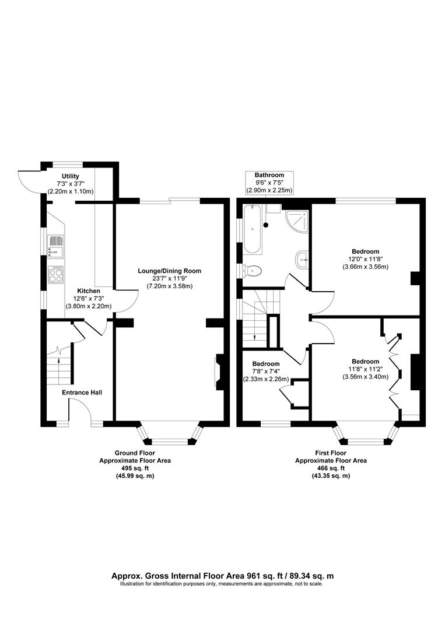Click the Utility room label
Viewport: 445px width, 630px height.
tap(71, 176)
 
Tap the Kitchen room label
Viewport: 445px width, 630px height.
tap(89, 290)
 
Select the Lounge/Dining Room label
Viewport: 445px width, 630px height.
tap(169, 271)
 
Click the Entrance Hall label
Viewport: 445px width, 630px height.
tap(82, 393)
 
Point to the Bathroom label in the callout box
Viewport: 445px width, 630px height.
tap(269, 175)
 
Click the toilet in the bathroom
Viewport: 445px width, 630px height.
tap(252, 270)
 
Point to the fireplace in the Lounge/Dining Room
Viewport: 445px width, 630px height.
tap(218, 372)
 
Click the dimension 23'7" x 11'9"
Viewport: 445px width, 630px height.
tap(169, 278)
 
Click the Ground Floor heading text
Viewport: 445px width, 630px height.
tap(135, 453)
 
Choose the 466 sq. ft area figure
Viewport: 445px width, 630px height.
tap(331, 468)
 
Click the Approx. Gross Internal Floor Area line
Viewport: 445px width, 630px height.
tap(222, 575)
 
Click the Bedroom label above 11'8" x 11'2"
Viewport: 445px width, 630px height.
tap(365, 361)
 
